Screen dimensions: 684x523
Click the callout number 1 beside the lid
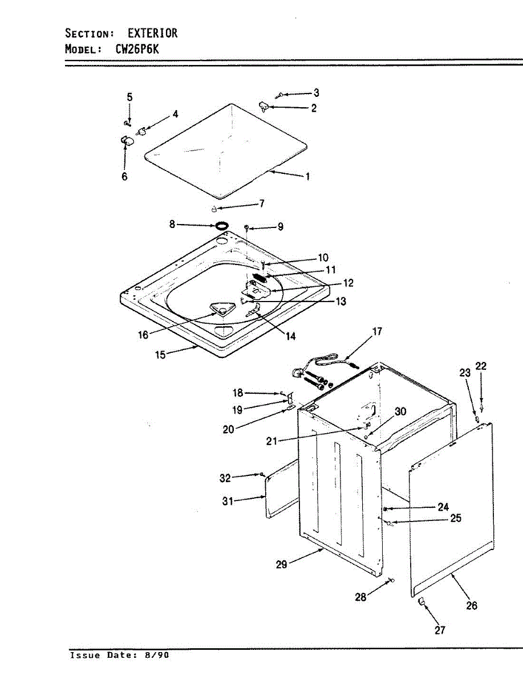point(308,177)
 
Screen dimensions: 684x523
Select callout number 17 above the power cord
point(378,331)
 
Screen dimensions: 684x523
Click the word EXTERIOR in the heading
point(152,33)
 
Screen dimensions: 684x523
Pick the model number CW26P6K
point(137,49)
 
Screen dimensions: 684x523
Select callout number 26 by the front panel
point(472,605)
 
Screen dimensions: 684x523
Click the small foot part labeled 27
point(423,601)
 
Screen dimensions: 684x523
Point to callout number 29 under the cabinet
point(282,564)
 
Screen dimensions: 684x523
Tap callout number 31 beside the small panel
point(228,502)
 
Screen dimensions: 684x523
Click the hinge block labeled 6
point(126,140)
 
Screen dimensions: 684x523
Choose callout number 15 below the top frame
point(161,355)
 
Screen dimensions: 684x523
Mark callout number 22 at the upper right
point(481,367)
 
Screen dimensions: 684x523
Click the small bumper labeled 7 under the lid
point(214,208)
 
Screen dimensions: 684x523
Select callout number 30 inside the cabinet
point(400,412)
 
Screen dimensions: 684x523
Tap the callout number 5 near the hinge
point(129,97)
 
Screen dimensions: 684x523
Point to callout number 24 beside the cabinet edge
point(443,507)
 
